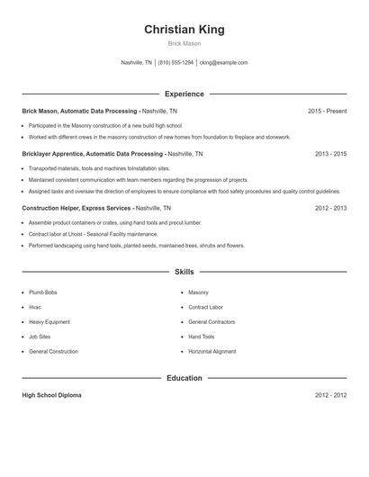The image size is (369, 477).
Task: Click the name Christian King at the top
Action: (x=184, y=30)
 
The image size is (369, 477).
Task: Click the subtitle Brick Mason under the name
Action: (x=184, y=43)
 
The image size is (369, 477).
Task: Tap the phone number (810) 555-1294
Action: (x=176, y=63)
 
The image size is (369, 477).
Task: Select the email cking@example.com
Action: (x=223, y=63)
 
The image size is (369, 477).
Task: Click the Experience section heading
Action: (x=184, y=94)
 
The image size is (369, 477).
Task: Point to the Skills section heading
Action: (x=184, y=271)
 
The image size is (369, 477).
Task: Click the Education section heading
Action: (x=184, y=378)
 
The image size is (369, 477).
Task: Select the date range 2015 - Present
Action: (x=327, y=111)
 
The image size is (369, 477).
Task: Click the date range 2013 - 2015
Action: (x=330, y=154)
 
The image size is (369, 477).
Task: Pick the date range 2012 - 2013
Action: (x=330, y=208)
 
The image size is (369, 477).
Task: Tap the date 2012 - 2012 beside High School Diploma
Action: (x=330, y=395)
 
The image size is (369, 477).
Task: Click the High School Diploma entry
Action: (x=52, y=395)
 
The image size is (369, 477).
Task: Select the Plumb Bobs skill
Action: (x=42, y=292)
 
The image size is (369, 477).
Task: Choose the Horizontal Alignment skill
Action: (x=212, y=351)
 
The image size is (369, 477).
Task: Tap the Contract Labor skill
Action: (x=205, y=307)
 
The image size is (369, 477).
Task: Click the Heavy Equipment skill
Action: (x=49, y=321)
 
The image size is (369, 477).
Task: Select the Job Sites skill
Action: (x=40, y=337)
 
